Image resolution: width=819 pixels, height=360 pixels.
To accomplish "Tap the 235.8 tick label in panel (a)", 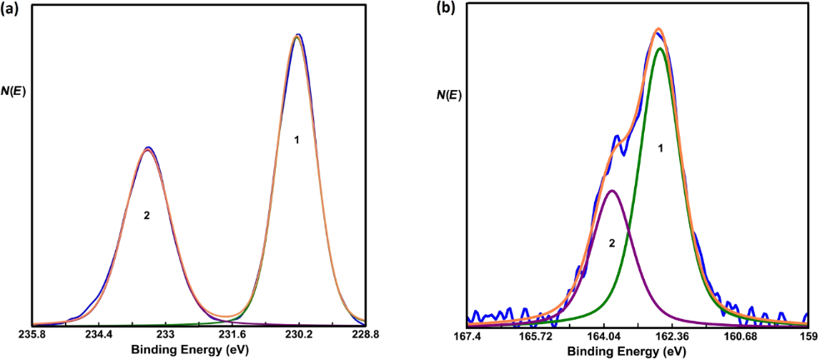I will click(32, 333).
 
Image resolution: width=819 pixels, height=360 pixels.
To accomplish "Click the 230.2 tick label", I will click(298, 333).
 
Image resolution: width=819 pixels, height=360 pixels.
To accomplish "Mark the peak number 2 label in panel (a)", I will click(147, 215).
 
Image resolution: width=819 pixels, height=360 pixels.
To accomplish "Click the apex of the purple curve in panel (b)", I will click(612, 191).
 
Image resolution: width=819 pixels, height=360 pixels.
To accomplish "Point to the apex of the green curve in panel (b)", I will click(661, 48).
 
